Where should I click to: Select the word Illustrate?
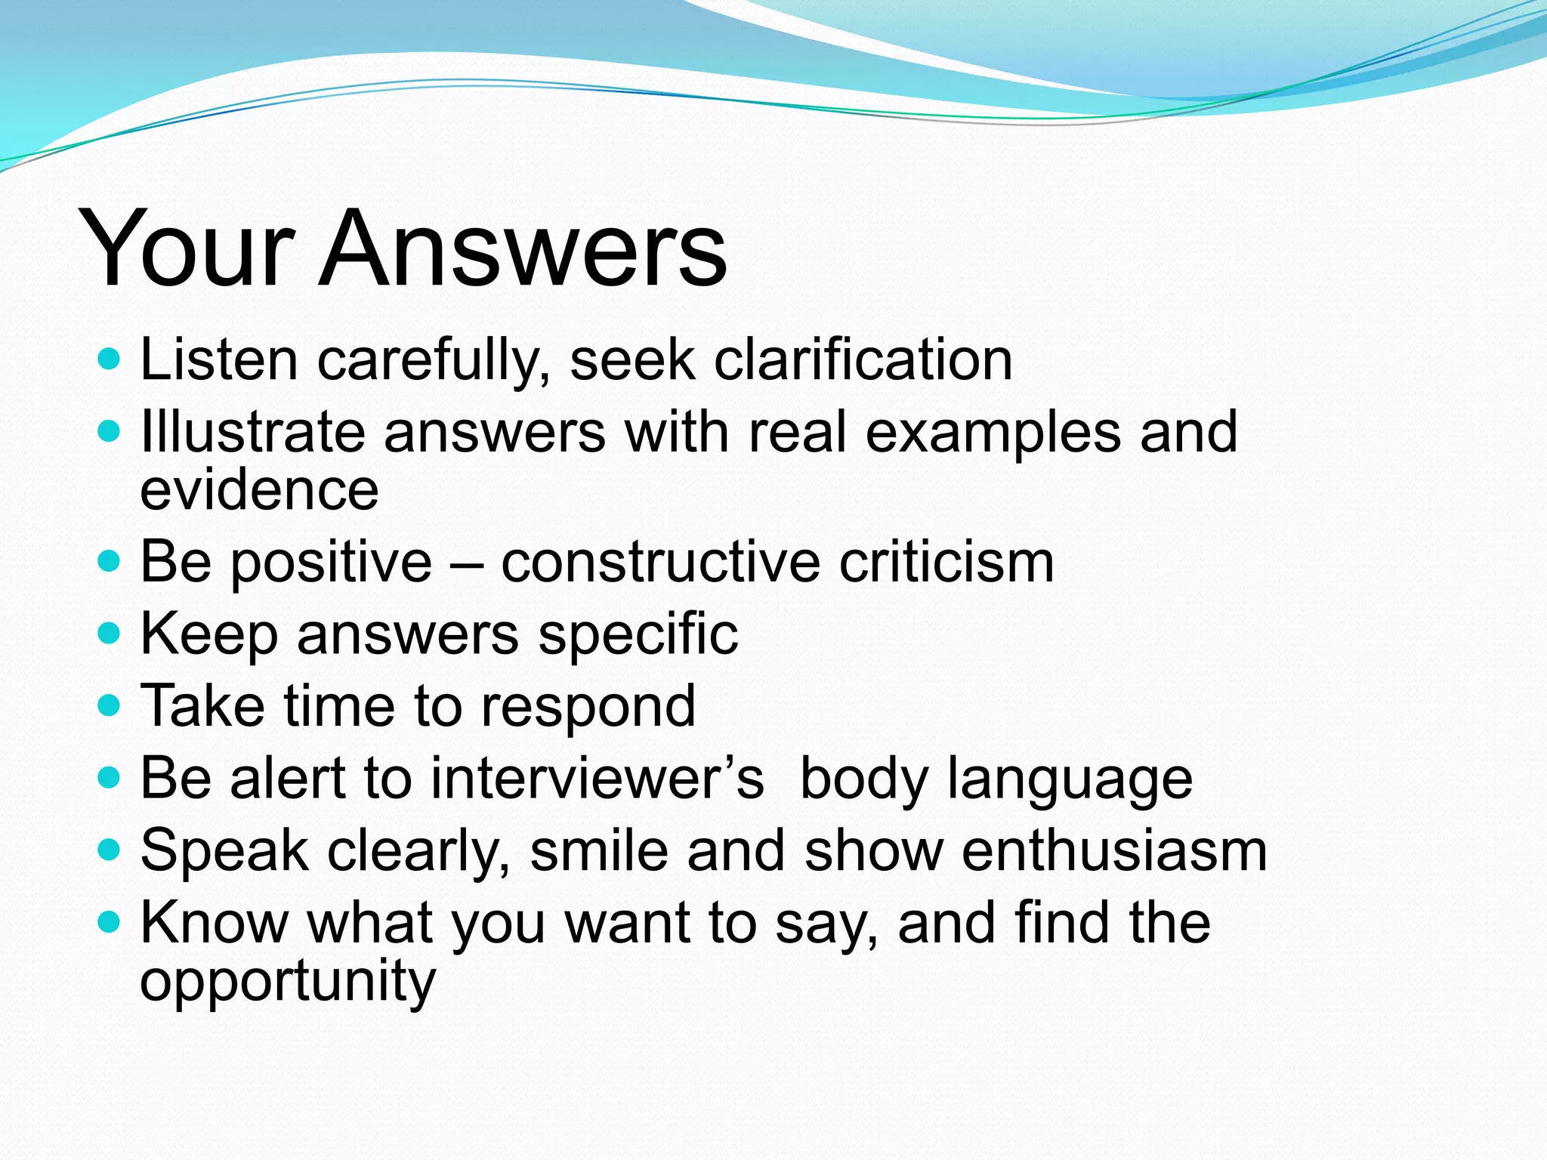(x=252, y=432)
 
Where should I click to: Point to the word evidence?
(x=259, y=491)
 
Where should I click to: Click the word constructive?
(x=660, y=563)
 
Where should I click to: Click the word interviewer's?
(x=597, y=778)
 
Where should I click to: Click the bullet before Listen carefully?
(x=110, y=359)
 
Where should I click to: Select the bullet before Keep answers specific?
(x=110, y=633)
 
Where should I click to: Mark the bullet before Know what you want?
(x=110, y=922)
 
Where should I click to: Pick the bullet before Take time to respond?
(x=110, y=705)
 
